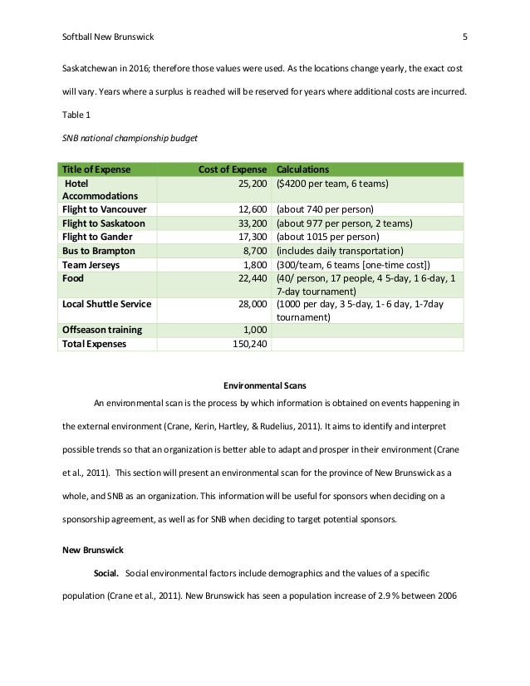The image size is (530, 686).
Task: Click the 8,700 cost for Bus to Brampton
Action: click(x=253, y=250)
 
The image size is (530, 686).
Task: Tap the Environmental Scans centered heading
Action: click(x=265, y=385)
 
